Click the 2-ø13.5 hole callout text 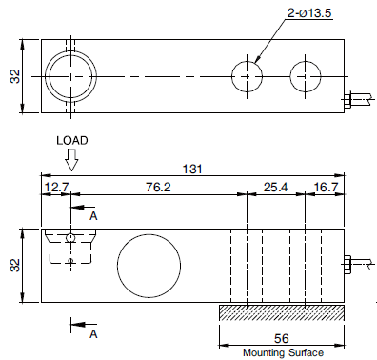click(x=309, y=13)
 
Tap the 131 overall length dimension click(x=192, y=170)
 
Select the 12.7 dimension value click(x=56, y=188)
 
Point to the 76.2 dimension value click(x=158, y=188)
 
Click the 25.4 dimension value click(x=275, y=188)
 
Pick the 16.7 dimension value click(x=327, y=188)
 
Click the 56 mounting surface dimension click(x=282, y=339)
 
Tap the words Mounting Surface click(x=283, y=352)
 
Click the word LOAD click(x=72, y=141)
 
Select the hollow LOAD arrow click(x=71, y=161)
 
